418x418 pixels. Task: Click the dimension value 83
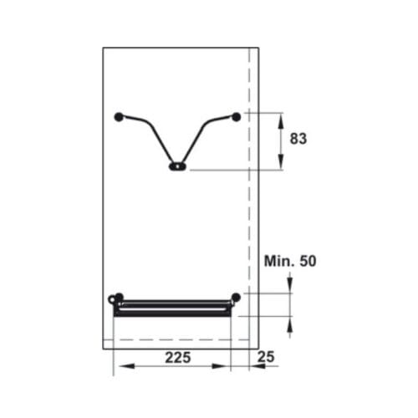pyautogui.click(x=298, y=140)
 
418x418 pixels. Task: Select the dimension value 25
pyautogui.click(x=267, y=357)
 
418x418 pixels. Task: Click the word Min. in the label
pyautogui.click(x=279, y=262)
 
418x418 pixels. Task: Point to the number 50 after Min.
pyautogui.click(x=308, y=262)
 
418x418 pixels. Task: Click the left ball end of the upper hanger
pyautogui.click(x=119, y=116)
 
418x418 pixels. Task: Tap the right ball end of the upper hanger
pyautogui.click(x=237, y=116)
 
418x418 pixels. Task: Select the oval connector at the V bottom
pyautogui.click(x=177, y=166)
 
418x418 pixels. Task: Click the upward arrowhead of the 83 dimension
pyautogui.click(x=280, y=116)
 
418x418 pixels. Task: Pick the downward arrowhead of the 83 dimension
pyautogui.click(x=280, y=165)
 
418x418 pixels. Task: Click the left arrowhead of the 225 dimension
pyautogui.click(x=118, y=367)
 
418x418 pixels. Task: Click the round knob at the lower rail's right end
pyautogui.click(x=237, y=297)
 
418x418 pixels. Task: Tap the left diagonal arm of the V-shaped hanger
pyautogui.click(x=154, y=138)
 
